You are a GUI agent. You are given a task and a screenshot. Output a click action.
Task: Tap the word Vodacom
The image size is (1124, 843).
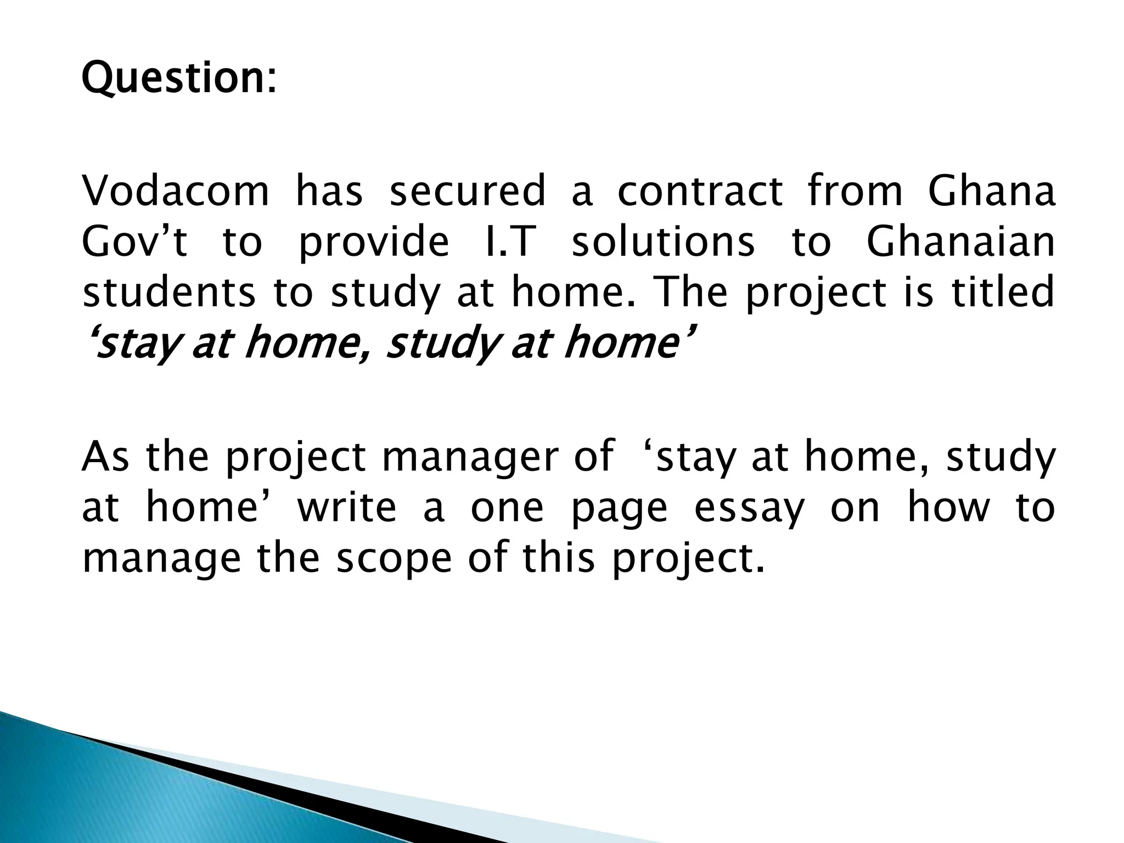(x=176, y=192)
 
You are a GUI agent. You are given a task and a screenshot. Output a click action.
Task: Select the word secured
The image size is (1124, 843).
(x=468, y=192)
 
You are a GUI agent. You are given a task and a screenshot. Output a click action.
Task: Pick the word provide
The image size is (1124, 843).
(x=374, y=243)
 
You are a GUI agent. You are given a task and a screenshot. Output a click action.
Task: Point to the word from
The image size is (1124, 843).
(x=855, y=192)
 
